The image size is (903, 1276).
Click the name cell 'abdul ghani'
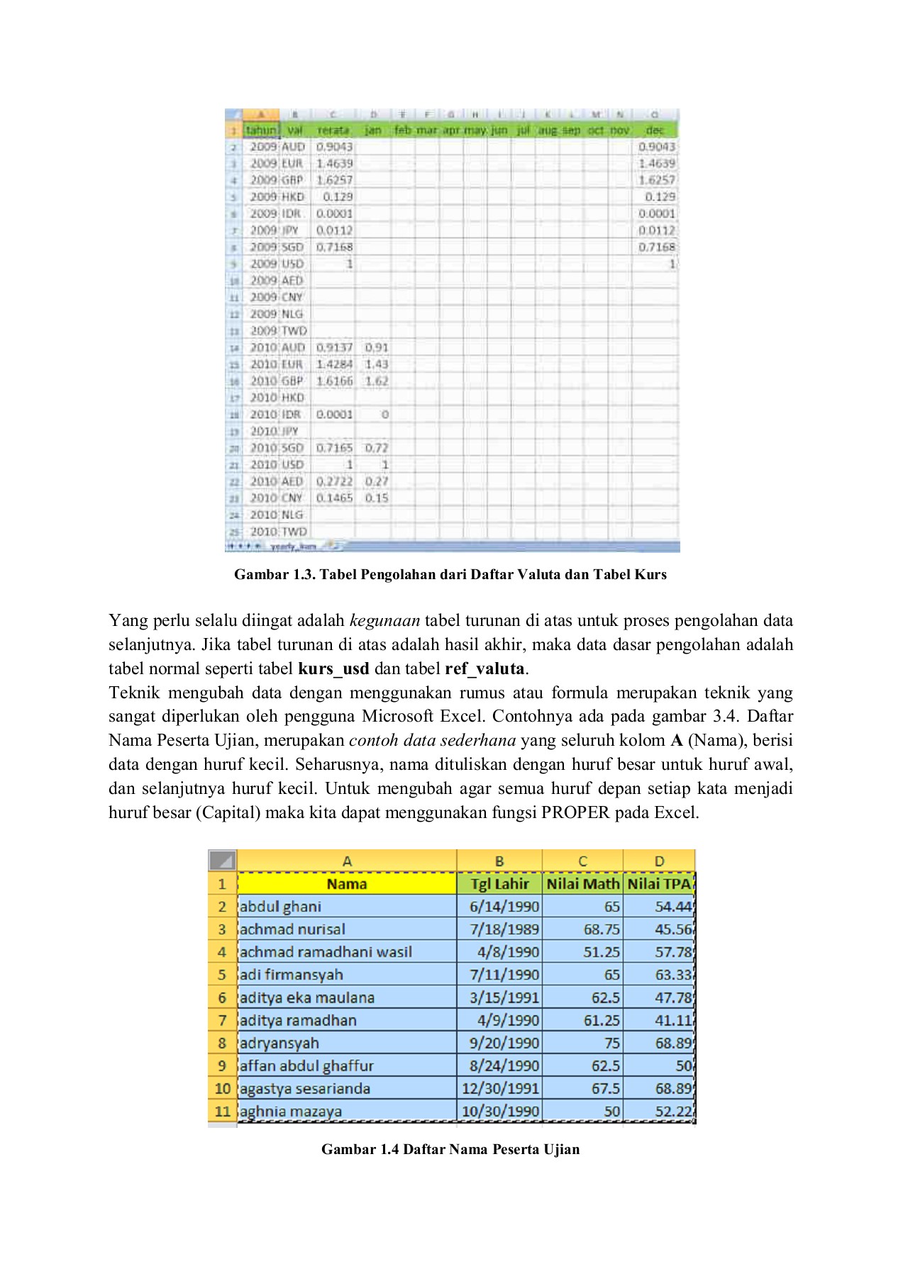tap(280, 907)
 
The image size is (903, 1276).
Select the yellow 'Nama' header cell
tap(346, 884)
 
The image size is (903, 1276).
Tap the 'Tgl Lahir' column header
tap(500, 884)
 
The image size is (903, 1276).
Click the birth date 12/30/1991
tap(500, 1089)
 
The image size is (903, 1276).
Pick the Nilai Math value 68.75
tap(602, 929)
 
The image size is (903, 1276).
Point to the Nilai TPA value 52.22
tap(672, 1112)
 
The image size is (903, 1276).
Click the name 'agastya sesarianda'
tap(305, 1089)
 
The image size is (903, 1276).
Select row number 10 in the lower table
tap(222, 1089)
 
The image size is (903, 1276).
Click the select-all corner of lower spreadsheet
tap(222, 861)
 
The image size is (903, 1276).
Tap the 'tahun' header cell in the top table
tap(261, 130)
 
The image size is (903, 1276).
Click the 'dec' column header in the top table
tap(655, 130)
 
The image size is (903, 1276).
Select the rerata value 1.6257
tap(334, 180)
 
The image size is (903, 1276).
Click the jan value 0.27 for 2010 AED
tap(377, 481)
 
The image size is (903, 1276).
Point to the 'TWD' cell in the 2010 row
tap(294, 532)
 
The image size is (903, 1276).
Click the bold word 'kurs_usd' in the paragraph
tap(333, 668)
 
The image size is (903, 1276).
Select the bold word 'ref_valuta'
tap(484, 668)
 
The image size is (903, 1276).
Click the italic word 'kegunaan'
tap(384, 621)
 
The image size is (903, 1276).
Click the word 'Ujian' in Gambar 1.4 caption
tap(562, 1150)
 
